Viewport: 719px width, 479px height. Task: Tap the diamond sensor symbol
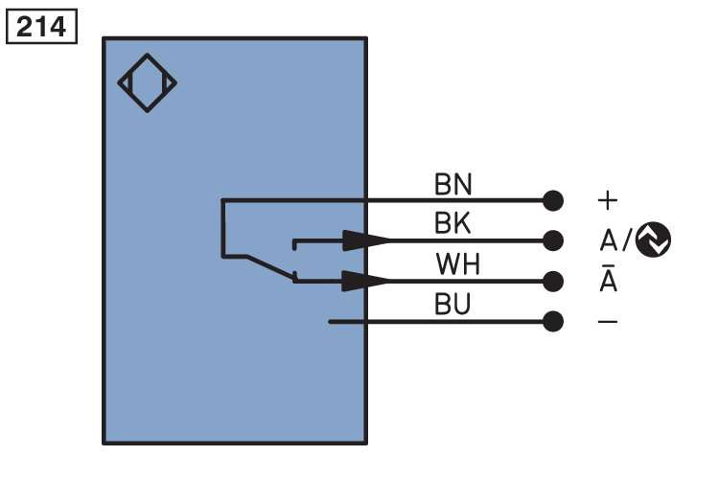pyautogui.click(x=147, y=83)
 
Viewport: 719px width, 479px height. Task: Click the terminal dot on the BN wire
pyautogui.click(x=552, y=200)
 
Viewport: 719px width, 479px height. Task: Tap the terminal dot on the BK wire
pyautogui.click(x=552, y=239)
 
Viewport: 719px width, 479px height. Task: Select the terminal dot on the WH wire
pyautogui.click(x=552, y=281)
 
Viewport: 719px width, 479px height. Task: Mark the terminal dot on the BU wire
pyautogui.click(x=552, y=321)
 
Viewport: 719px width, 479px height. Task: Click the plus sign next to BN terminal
pyautogui.click(x=608, y=200)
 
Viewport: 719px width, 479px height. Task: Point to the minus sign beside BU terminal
pyautogui.click(x=608, y=322)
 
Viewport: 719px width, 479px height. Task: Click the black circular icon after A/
pyautogui.click(x=653, y=239)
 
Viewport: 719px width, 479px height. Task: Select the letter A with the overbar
pyautogui.click(x=608, y=282)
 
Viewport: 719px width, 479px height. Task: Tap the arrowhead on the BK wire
pyautogui.click(x=367, y=239)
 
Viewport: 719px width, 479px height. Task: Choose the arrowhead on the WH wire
pyautogui.click(x=367, y=281)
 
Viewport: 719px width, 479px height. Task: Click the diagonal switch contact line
pyautogui.click(x=271, y=266)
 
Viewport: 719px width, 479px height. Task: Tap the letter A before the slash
pyautogui.click(x=608, y=239)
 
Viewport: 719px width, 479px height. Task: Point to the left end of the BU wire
pyautogui.click(x=331, y=321)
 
